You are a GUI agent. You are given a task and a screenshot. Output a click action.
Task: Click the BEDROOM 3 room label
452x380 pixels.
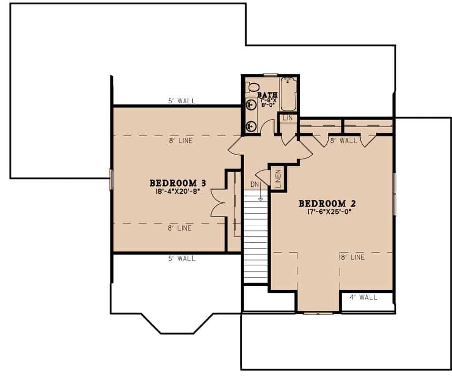click(x=178, y=183)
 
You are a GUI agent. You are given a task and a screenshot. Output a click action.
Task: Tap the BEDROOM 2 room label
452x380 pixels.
click(x=327, y=203)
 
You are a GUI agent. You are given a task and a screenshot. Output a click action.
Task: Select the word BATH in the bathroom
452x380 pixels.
click(x=268, y=95)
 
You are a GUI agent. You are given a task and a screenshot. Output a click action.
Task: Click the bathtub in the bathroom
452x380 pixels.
click(x=288, y=94)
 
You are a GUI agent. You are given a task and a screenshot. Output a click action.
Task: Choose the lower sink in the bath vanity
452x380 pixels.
click(x=251, y=126)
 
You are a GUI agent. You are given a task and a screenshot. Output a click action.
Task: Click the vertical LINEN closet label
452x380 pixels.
click(x=278, y=178)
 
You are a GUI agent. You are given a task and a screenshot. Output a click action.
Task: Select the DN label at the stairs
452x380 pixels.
click(x=255, y=184)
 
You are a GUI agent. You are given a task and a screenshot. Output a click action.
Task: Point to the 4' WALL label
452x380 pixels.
click(x=364, y=298)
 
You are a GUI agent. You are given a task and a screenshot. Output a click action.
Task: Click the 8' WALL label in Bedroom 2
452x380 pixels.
click(x=344, y=140)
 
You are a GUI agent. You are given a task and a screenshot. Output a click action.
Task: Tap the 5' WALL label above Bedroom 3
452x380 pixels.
click(x=182, y=101)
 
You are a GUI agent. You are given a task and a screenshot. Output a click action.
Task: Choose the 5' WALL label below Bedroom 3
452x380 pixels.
click(x=182, y=259)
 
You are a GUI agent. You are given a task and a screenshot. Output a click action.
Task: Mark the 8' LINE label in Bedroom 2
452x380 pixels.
click(x=352, y=257)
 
